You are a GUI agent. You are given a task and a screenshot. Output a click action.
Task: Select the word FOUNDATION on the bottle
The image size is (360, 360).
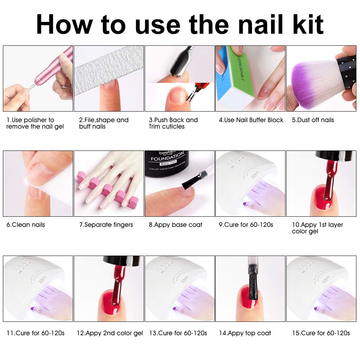tap(168, 158)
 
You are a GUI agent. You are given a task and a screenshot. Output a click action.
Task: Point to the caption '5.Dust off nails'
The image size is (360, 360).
tap(313, 120)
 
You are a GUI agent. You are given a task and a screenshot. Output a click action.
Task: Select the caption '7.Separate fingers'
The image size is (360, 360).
tap(106, 225)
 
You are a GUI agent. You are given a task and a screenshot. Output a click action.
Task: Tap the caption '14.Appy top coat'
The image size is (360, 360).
tap(245, 333)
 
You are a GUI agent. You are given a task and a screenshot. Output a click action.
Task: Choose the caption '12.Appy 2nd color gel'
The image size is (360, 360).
tap(110, 333)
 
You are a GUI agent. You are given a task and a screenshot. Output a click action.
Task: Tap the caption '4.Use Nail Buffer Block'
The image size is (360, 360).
tap(251, 120)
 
